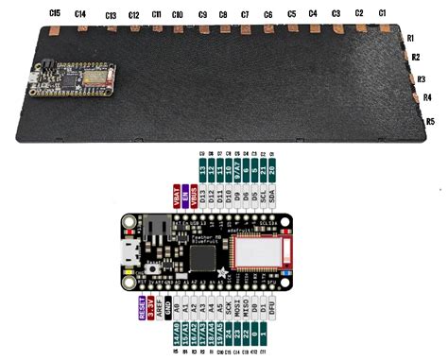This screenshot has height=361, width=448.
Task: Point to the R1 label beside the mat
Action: click(x=411, y=38)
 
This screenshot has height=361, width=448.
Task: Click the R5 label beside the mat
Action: click(x=430, y=121)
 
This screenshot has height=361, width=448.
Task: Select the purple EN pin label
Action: click(x=185, y=199)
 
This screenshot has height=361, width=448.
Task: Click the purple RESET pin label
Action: click(x=141, y=313)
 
